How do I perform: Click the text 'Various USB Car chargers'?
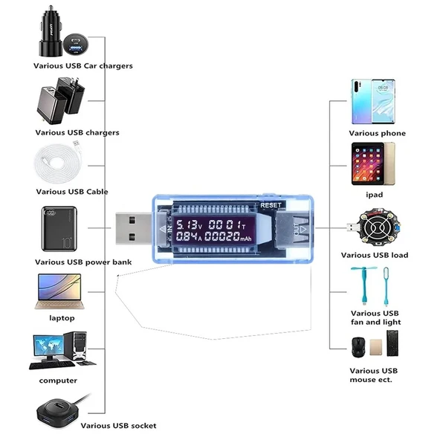[83, 65]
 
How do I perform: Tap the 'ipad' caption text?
[374, 195]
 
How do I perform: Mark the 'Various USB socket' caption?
[118, 426]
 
